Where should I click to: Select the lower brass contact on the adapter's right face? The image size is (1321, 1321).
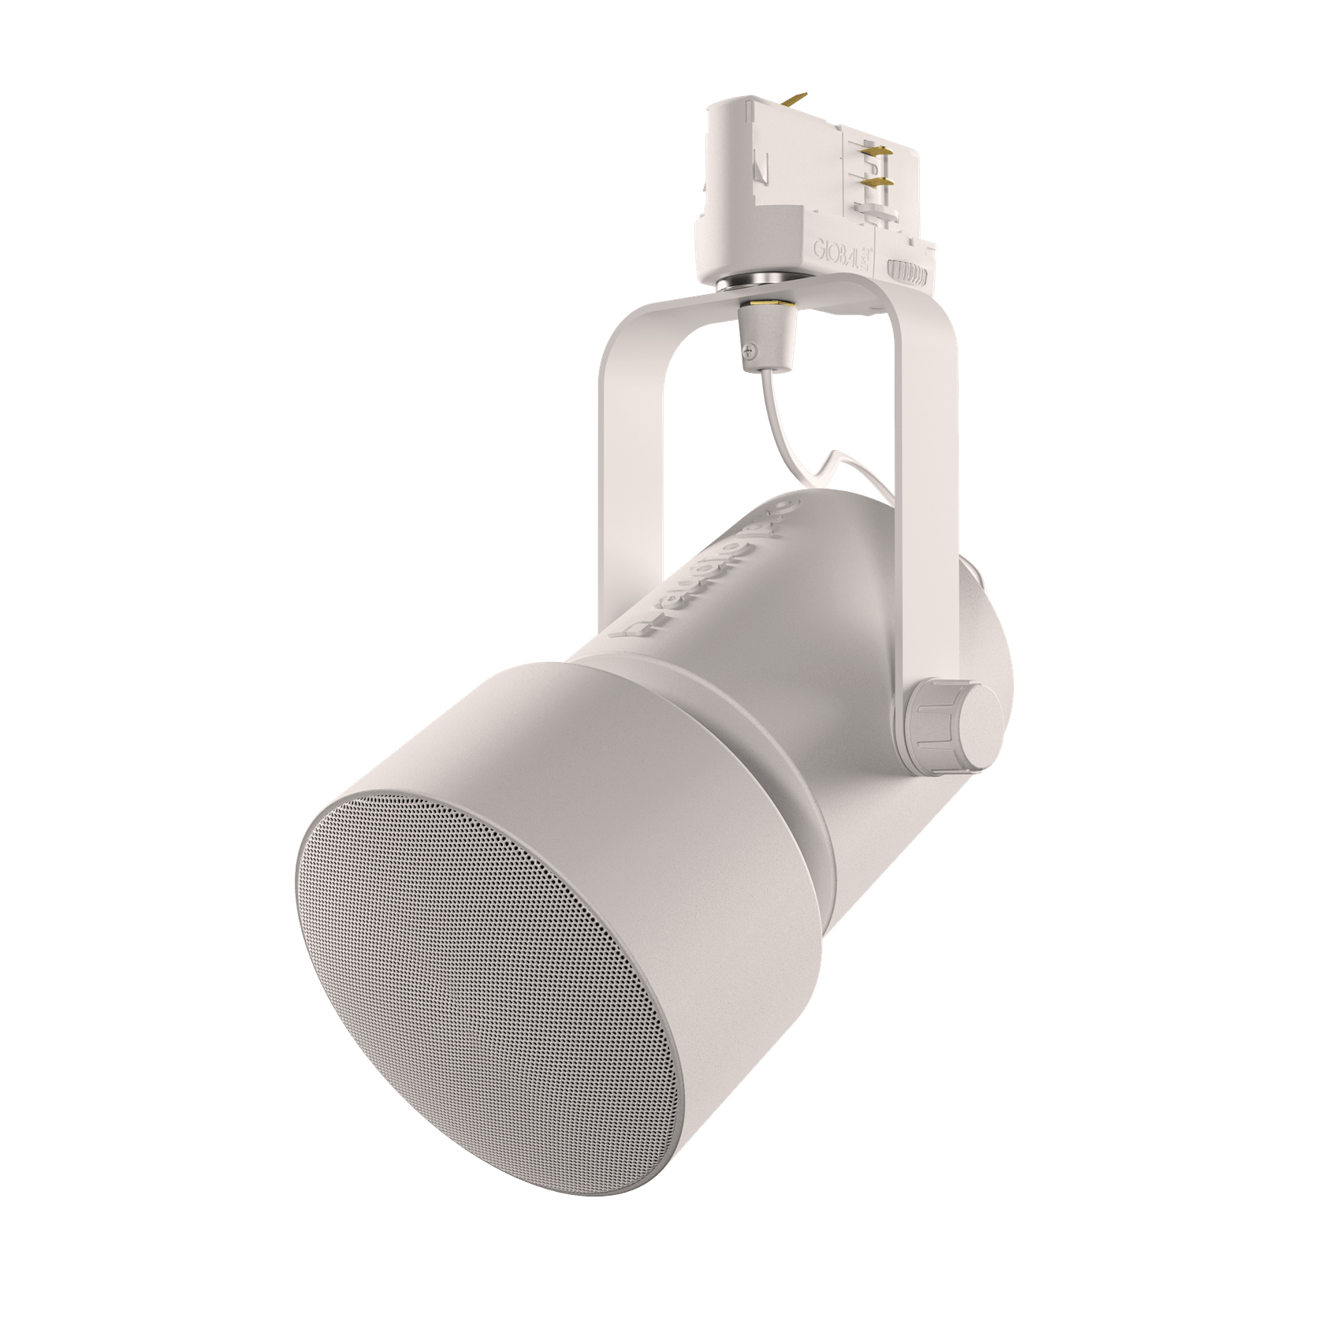pos(877,182)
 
